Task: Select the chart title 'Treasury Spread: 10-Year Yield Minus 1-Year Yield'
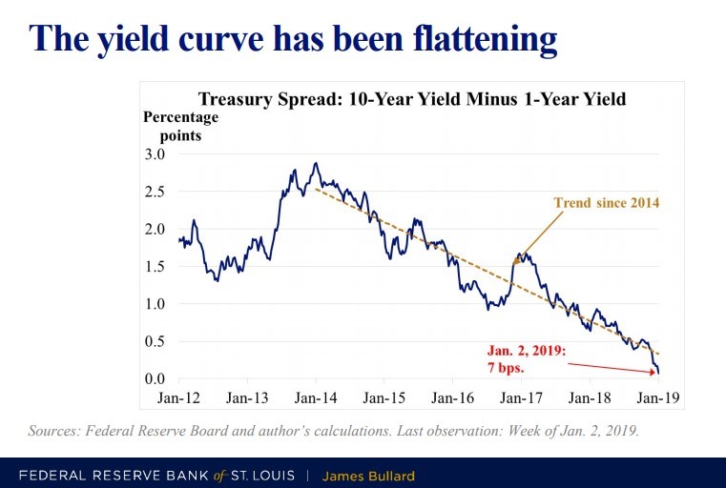[x=411, y=98]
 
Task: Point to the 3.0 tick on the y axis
[x=155, y=154]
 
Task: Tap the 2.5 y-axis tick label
[x=155, y=192]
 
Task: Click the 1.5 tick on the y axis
[x=155, y=267]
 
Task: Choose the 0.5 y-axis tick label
[x=155, y=342]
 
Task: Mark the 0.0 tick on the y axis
[x=155, y=379]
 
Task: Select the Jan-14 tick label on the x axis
[x=313, y=396]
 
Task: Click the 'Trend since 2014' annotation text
[x=607, y=203]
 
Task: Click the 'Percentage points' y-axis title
[x=180, y=126]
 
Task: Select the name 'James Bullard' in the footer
[x=367, y=475]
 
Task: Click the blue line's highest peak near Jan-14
[x=315, y=164]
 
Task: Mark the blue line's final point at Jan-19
[x=659, y=373]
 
